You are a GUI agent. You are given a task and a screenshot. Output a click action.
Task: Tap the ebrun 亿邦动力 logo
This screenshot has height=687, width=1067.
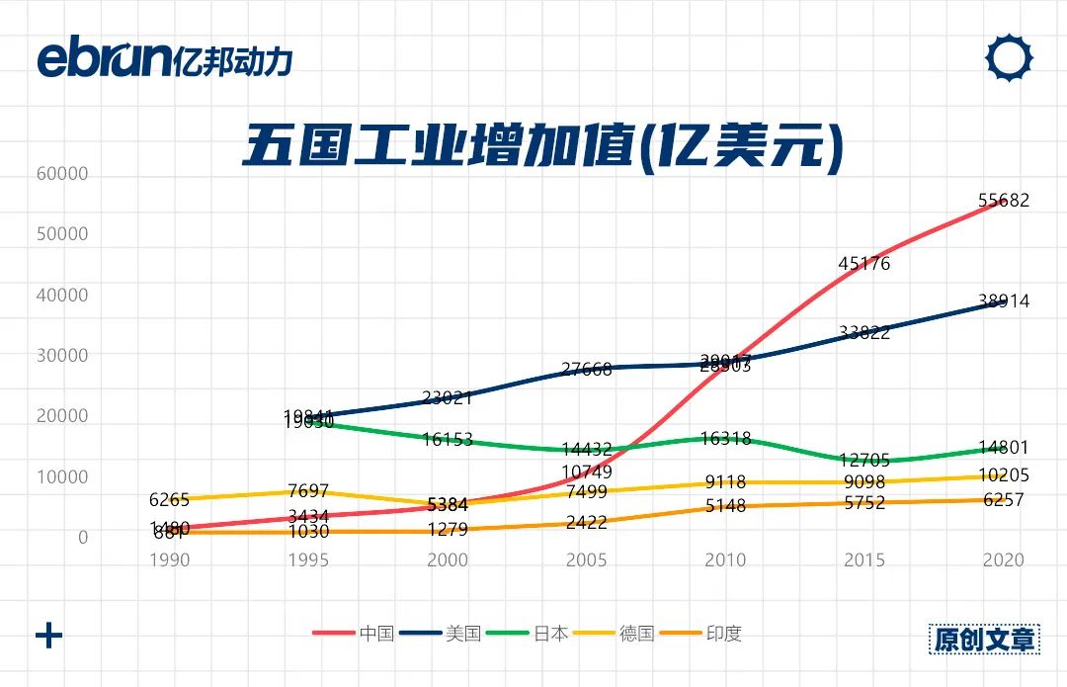[164, 59]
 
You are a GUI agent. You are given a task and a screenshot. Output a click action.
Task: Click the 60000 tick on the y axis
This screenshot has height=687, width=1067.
[62, 174]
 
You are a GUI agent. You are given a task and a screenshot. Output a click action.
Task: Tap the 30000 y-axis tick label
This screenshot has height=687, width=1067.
[62, 356]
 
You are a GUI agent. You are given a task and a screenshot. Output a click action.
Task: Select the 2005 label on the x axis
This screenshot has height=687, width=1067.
[586, 560]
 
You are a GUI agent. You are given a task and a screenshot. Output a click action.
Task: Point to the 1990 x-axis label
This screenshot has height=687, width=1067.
[169, 560]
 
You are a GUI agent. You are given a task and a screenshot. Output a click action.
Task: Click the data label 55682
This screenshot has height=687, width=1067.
[1004, 201]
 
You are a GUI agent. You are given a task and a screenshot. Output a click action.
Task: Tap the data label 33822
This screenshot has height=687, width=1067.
[864, 333]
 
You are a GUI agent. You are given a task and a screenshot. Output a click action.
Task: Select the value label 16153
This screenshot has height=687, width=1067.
[448, 440]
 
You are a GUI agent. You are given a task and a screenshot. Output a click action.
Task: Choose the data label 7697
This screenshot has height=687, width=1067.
[308, 492]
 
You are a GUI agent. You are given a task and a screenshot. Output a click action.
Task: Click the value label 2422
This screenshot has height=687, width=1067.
[587, 523]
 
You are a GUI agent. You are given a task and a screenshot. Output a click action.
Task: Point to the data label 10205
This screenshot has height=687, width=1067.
[1004, 475]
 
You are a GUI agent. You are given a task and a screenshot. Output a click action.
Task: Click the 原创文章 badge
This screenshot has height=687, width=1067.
[985, 639]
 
